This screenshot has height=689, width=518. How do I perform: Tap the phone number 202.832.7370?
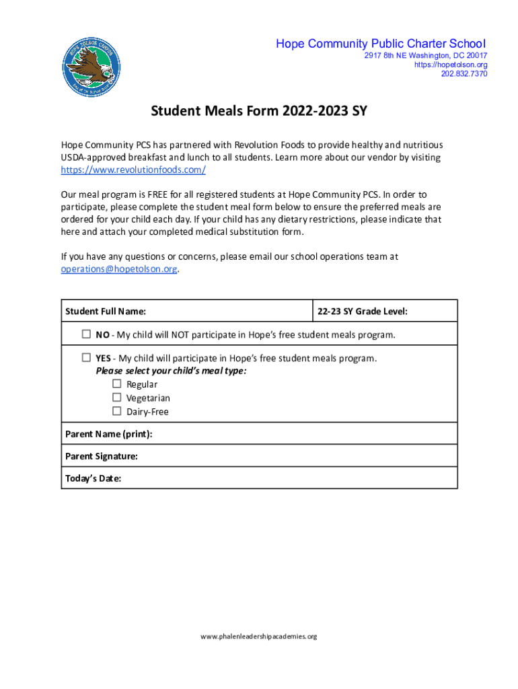click(464, 74)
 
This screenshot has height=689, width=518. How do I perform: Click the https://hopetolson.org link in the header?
click(451, 65)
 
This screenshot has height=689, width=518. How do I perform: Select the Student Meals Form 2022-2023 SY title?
click(259, 111)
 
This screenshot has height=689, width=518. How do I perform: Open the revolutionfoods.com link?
click(133, 170)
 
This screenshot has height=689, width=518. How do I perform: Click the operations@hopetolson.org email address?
click(119, 269)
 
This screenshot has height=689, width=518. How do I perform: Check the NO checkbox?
click(86, 334)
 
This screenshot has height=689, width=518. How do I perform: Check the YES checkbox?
click(86, 357)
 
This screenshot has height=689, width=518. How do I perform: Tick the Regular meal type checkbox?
click(116, 384)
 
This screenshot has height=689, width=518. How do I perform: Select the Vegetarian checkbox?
click(116, 398)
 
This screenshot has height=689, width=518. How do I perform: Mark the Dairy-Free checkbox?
click(116, 411)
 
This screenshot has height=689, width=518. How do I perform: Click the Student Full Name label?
click(106, 312)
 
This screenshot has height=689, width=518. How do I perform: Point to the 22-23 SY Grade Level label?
click(363, 312)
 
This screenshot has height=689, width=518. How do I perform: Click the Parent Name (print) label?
click(109, 434)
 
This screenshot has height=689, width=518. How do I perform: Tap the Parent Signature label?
click(102, 456)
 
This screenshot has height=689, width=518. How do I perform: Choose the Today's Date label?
click(94, 478)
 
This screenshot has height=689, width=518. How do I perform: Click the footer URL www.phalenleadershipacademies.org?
click(259, 636)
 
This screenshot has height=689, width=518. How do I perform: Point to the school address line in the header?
click(426, 55)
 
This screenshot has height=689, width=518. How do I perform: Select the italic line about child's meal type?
click(171, 371)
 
